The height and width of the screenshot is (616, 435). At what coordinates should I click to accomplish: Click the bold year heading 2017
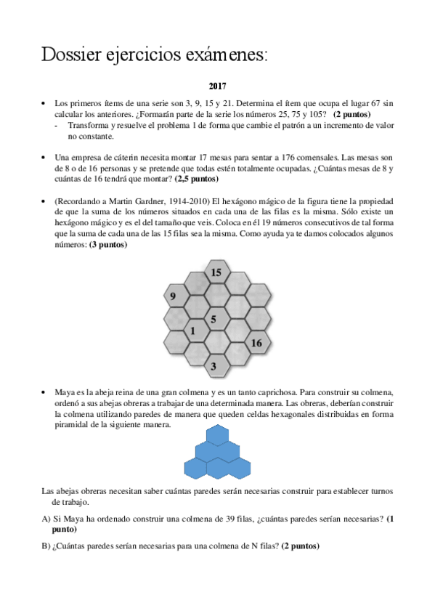click(217, 86)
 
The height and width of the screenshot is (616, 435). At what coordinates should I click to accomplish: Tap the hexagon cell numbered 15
click(216, 272)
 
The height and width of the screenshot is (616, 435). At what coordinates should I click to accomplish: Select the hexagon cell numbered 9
click(172, 296)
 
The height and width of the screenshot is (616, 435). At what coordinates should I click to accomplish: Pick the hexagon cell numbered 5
click(213, 319)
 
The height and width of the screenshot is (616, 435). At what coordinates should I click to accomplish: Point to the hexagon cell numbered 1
click(192, 331)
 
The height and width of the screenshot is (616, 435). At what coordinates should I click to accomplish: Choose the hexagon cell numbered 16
click(256, 343)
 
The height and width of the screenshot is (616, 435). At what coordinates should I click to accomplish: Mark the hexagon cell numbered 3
click(214, 367)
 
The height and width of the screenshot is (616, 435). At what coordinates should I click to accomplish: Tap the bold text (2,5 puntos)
click(197, 179)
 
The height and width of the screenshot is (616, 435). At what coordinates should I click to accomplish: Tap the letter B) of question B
click(46, 546)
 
